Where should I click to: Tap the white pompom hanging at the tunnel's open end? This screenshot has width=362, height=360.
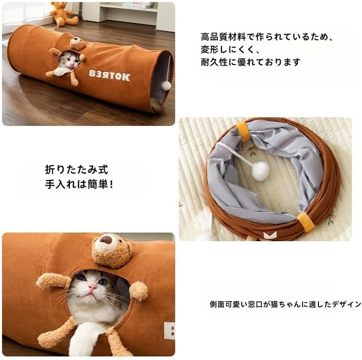(166, 85)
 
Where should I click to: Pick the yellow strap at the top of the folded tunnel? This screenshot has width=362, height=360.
(243, 131)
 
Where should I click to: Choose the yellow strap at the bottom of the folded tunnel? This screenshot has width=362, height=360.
(306, 222)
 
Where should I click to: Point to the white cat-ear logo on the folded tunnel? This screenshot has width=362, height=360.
(270, 234)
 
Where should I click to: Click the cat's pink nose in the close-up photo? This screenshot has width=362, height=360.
(92, 288)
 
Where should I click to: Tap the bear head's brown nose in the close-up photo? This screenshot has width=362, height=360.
(106, 239)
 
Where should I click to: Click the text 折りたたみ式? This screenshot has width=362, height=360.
(76, 170)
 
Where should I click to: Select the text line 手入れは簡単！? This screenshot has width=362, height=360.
(79, 184)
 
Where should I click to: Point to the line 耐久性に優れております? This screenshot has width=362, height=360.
(250, 62)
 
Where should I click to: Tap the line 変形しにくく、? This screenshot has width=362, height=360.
(230, 49)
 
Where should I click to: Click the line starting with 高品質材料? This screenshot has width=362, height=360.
(266, 37)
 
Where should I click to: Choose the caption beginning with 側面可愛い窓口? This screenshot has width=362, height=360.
(285, 304)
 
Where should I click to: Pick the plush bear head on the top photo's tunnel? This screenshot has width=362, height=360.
(78, 44)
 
